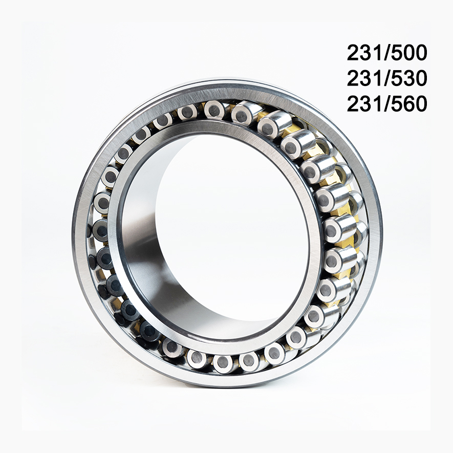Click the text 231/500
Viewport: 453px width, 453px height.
click(x=386, y=53)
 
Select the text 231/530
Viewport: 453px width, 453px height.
click(x=386, y=78)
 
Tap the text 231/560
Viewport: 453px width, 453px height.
click(x=386, y=104)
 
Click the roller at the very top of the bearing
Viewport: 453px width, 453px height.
click(x=215, y=110)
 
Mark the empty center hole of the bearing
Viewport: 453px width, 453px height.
click(x=230, y=230)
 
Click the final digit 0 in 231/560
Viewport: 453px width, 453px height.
click(x=420, y=104)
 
